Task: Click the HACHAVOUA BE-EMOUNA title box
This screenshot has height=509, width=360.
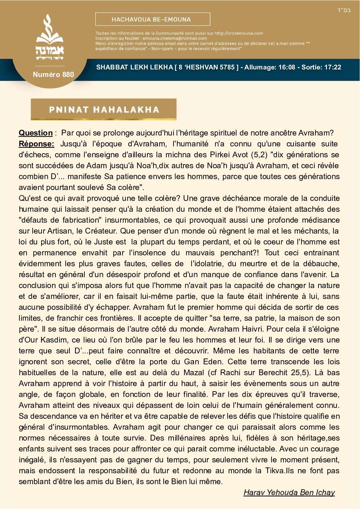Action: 152,19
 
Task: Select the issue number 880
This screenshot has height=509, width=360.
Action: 68,75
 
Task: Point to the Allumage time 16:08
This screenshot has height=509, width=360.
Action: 287,67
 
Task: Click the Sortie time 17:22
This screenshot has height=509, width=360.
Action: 332,67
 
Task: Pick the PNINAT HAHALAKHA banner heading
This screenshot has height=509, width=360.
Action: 104,110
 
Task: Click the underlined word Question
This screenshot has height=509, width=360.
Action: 35,133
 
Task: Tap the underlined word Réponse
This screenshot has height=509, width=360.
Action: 36,144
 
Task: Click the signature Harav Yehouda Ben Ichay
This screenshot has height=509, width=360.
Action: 289,493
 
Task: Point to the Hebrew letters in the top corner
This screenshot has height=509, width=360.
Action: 344,10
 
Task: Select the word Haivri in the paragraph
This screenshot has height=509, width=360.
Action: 251,329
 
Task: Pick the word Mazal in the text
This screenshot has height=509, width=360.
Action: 194,373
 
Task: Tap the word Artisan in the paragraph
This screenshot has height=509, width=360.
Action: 59,231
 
